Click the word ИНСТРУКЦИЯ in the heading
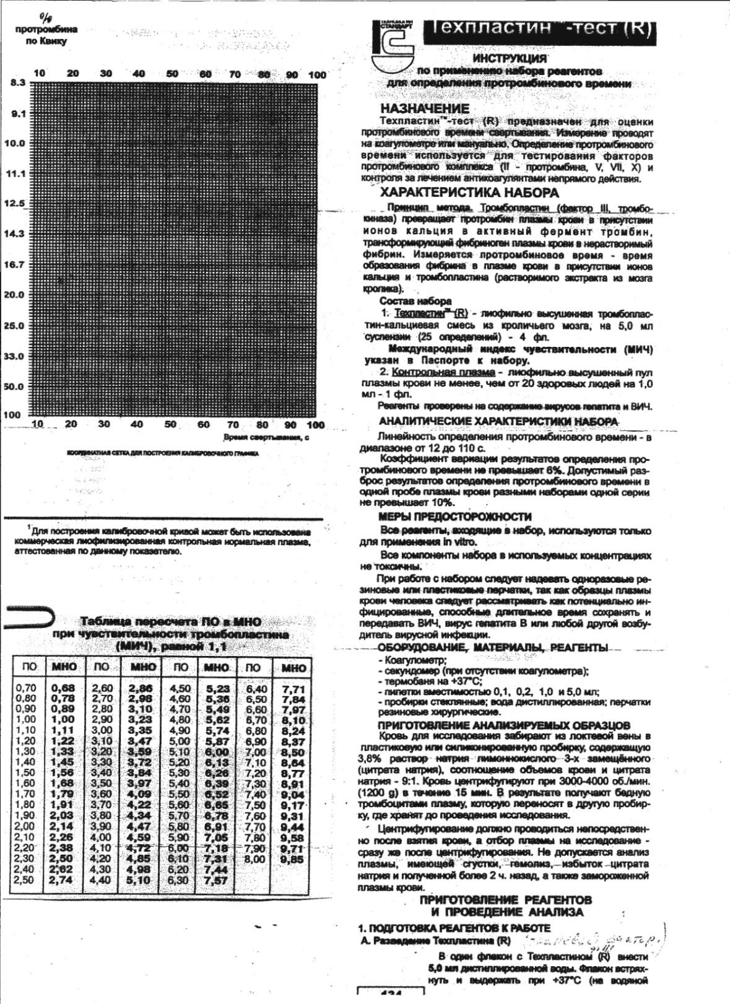(510, 59)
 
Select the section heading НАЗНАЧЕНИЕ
(425, 109)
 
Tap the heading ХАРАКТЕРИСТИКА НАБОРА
(469, 193)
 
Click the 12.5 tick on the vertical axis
(15, 204)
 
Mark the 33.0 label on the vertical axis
(14, 357)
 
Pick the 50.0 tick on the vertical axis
(14, 387)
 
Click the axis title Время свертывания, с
(266, 437)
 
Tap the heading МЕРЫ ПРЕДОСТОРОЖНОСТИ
(454, 517)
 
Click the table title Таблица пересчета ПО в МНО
(171, 622)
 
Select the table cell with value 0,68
(64, 688)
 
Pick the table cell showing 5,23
(217, 689)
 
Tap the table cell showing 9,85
(292, 859)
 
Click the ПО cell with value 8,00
(254, 859)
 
